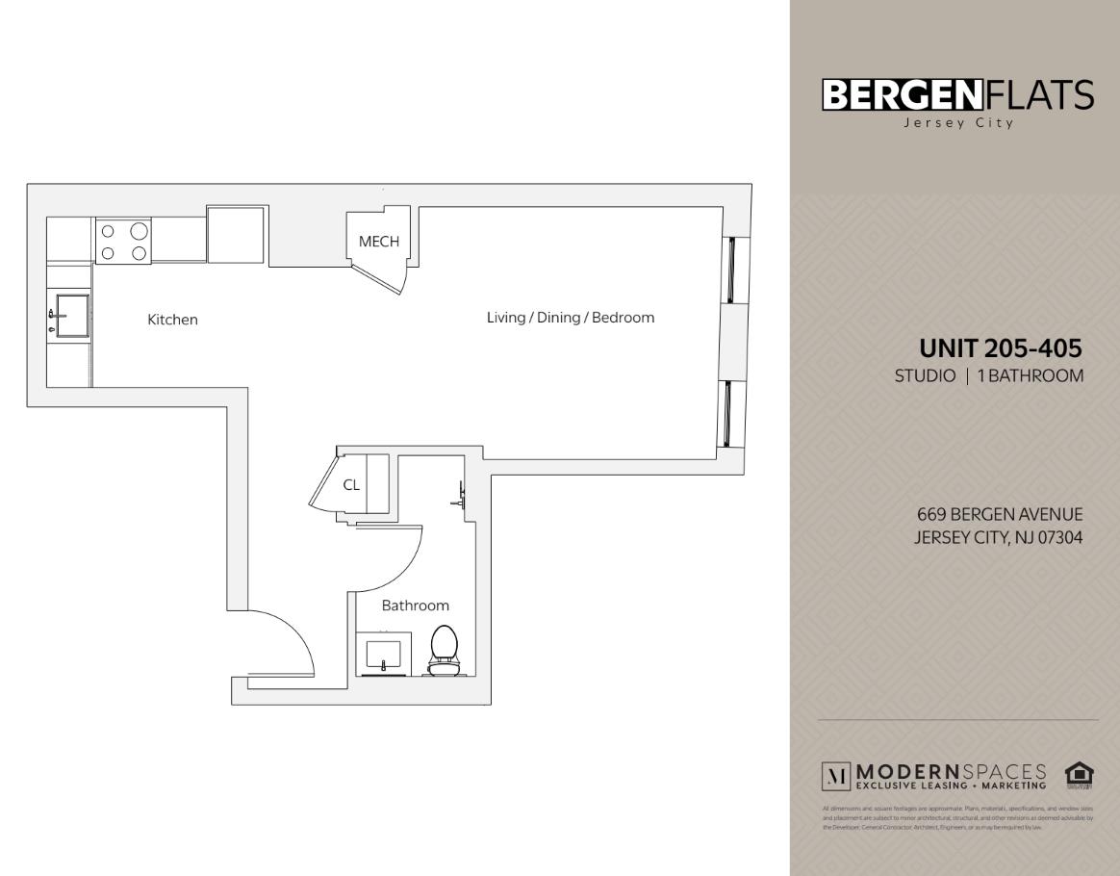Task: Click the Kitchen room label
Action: click(172, 320)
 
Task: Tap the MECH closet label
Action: click(378, 242)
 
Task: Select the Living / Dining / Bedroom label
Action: click(571, 318)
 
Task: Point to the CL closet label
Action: click(351, 485)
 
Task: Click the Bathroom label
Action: click(416, 605)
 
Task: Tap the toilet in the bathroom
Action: click(444, 650)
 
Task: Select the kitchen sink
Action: click(71, 315)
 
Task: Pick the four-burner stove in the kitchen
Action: click(123, 241)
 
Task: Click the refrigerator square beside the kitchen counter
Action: click(237, 233)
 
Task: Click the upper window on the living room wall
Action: click(731, 269)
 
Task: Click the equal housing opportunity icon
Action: click(1080, 775)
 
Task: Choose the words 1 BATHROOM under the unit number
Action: click(1031, 375)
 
